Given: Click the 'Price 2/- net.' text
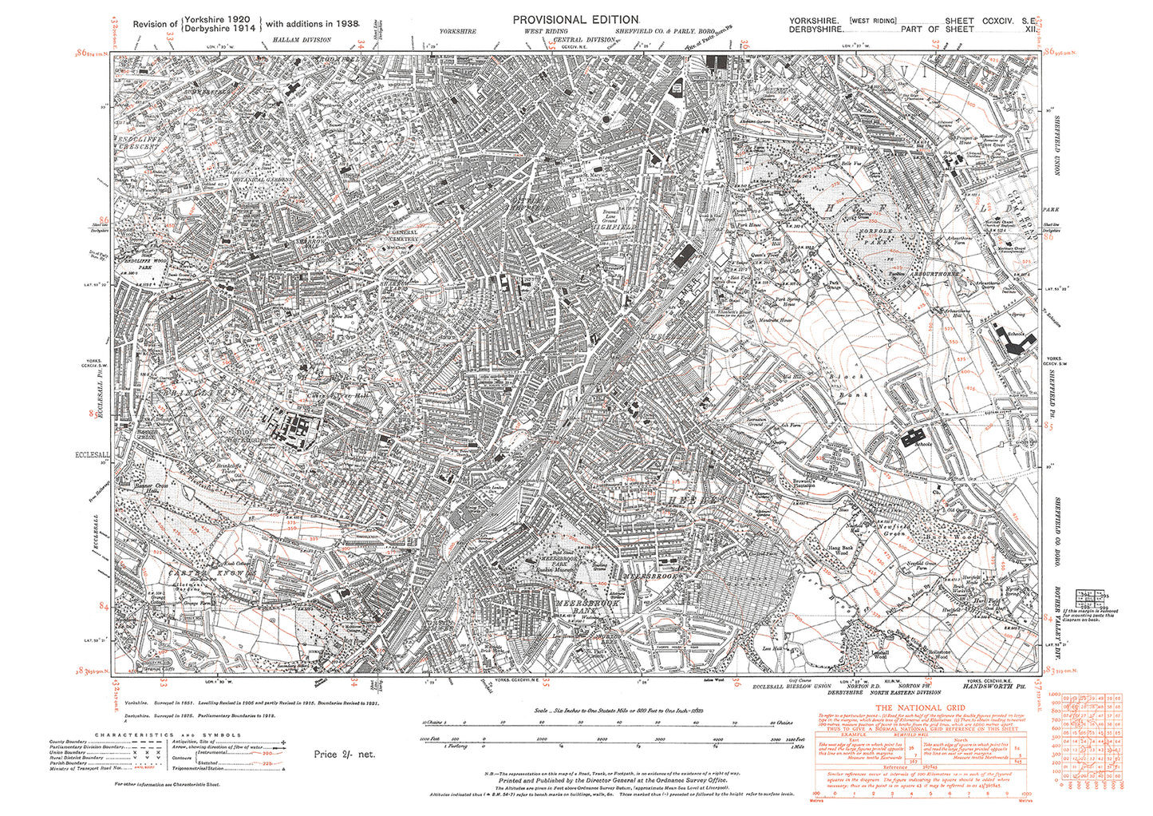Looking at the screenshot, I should (344, 754).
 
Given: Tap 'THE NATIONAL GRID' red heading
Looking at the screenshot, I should (920, 707).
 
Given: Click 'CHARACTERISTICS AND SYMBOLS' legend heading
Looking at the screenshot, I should (168, 735).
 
